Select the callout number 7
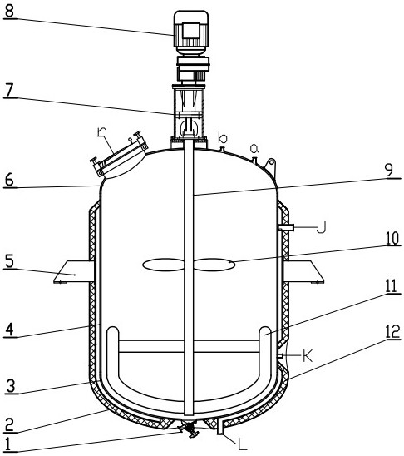tap(9, 90)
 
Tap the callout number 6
tap(9, 180)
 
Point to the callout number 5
tap(10, 261)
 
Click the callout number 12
tap(392, 331)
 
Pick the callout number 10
tap(393, 239)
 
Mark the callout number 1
tap(7, 444)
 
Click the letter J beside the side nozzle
tap(322, 227)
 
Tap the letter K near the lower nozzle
tap(308, 355)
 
